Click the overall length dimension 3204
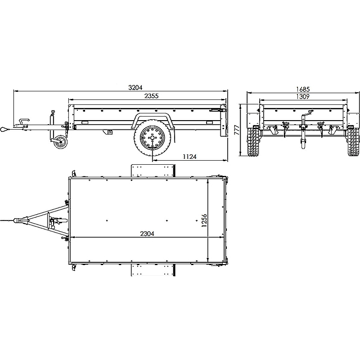(x=135, y=87)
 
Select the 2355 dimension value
(x=151, y=96)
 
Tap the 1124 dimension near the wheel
(x=189, y=157)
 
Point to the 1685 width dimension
(x=303, y=89)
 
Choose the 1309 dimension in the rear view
(x=302, y=96)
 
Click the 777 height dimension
(x=237, y=130)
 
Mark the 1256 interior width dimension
(x=204, y=220)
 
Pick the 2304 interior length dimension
(x=147, y=234)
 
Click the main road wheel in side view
(x=153, y=138)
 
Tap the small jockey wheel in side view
(x=61, y=142)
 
